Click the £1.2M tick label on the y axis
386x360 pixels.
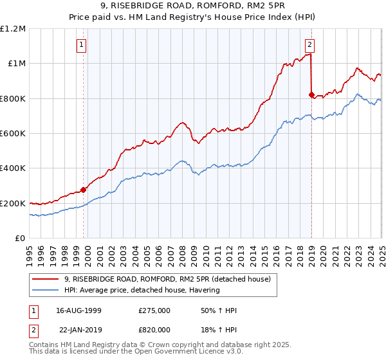click(13, 28)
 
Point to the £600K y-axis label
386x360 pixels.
click(13, 133)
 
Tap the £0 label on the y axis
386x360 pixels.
click(20, 238)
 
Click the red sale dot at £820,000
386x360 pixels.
click(311, 94)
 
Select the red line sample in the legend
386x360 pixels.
click(46, 279)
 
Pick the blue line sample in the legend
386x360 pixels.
click(46, 290)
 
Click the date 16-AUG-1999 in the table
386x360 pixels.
click(79, 310)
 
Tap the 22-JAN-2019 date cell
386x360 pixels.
click(79, 328)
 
